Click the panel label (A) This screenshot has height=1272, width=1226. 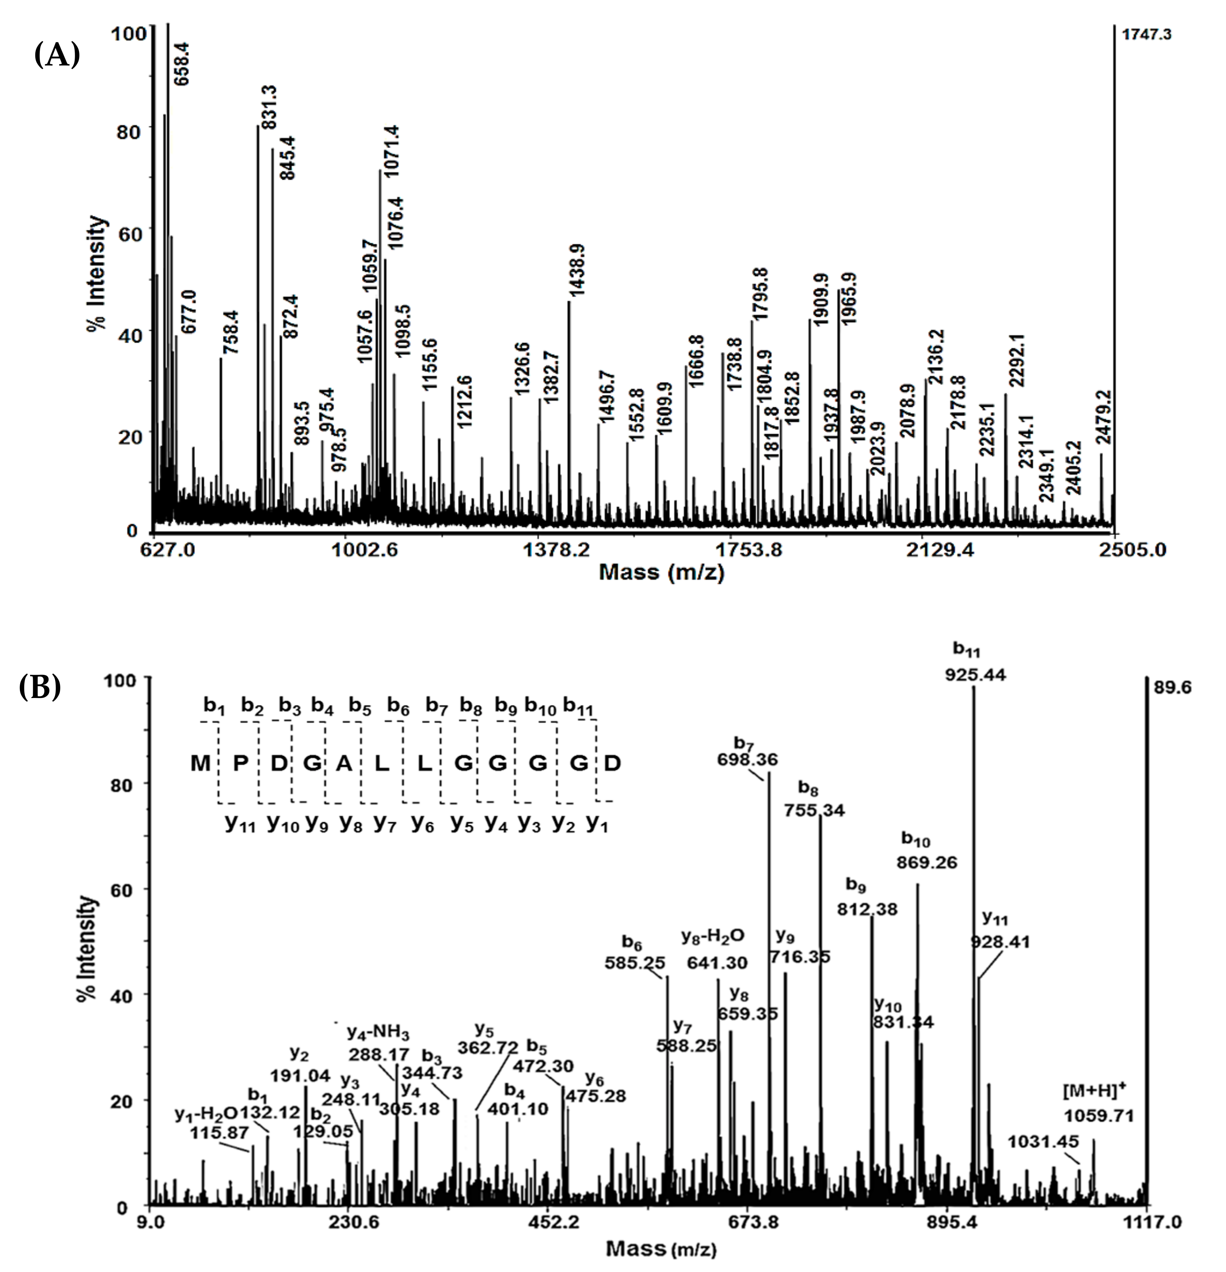[x=57, y=55]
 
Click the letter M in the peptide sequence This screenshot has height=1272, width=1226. [x=200, y=763]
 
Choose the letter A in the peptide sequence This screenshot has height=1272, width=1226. [x=344, y=763]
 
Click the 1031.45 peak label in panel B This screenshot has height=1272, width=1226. [x=1043, y=1141]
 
